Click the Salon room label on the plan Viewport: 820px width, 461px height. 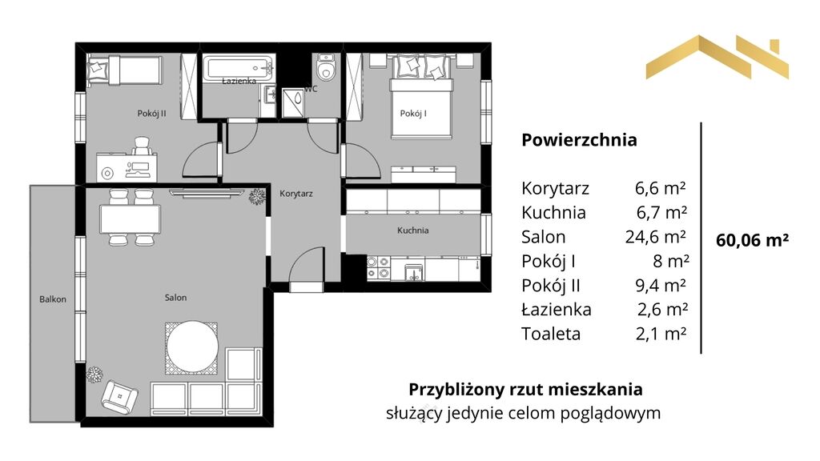point(175,298)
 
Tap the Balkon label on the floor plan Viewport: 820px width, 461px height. point(53,299)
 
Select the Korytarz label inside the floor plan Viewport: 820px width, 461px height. point(296,194)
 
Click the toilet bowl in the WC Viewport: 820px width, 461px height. point(327,67)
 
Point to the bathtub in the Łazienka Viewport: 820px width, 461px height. point(239,68)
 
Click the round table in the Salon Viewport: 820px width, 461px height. point(192,347)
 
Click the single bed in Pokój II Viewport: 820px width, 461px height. point(124,70)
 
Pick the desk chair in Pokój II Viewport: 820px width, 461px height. point(143,146)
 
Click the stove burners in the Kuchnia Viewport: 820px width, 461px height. point(378,267)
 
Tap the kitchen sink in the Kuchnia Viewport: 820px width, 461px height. point(414,272)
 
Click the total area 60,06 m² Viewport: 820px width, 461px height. point(752,240)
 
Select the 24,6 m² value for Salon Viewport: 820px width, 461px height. point(655,237)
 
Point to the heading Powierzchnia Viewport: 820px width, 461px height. point(580,140)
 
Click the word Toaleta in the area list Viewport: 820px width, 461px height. point(551,334)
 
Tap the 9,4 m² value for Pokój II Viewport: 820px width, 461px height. point(661,286)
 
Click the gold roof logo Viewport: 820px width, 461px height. point(717,58)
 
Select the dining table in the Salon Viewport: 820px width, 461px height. point(131,219)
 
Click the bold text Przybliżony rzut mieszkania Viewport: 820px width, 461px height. point(525,390)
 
